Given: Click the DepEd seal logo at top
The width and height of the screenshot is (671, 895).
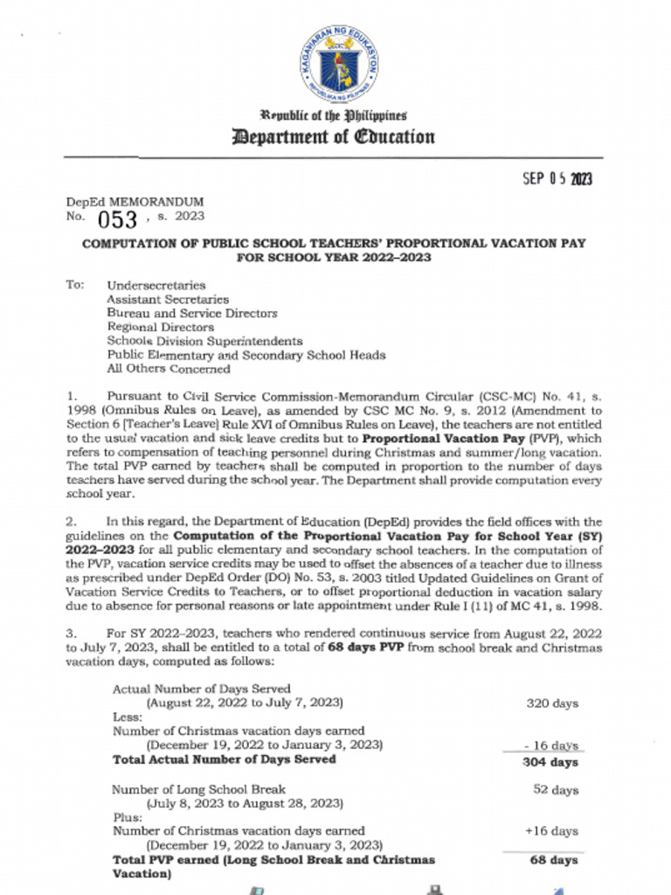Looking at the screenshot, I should click(x=341, y=63).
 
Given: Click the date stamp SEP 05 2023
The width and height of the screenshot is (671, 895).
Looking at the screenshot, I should click(x=557, y=179).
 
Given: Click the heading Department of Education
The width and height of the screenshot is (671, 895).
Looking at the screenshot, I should click(x=333, y=136).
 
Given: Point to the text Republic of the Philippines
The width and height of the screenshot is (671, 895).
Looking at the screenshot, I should click(x=333, y=116).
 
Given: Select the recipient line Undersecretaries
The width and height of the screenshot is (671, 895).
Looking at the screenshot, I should click(x=156, y=285).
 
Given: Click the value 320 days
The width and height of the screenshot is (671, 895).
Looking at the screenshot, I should click(x=552, y=703).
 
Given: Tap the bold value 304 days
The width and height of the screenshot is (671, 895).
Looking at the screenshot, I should click(x=550, y=762).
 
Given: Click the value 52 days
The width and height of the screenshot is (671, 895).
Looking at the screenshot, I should click(x=556, y=789).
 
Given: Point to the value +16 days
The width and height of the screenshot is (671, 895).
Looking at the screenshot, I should click(x=551, y=831).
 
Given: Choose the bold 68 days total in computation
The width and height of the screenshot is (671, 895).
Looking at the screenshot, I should click(x=554, y=860).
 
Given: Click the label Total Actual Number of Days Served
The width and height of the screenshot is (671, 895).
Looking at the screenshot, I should click(x=224, y=760).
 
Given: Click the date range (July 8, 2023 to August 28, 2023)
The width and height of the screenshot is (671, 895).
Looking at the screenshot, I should click(x=244, y=803).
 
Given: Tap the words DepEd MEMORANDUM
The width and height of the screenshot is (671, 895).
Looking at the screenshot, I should click(x=135, y=202).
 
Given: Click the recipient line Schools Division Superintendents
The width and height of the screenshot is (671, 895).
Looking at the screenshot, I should click(x=204, y=341).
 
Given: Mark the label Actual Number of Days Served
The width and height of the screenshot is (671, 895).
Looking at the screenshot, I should click(x=201, y=689).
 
